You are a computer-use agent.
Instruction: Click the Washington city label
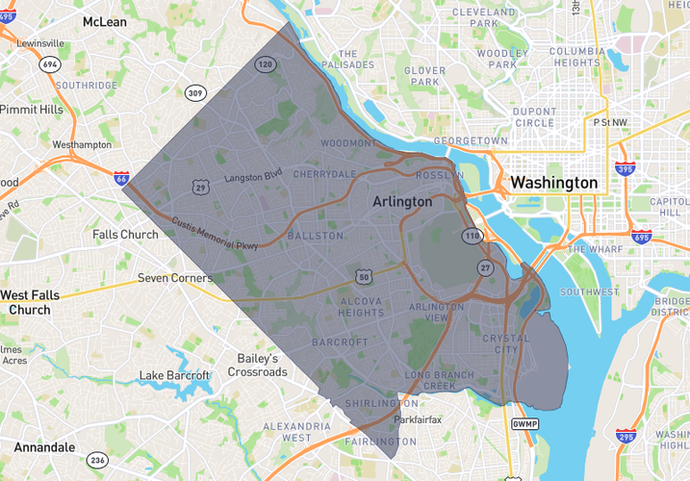(x=553, y=183)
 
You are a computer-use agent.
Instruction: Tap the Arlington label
(x=402, y=203)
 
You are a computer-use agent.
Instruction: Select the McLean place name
(x=105, y=21)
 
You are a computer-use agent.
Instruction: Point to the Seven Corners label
(x=174, y=278)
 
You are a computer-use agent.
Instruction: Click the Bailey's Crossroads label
(x=258, y=365)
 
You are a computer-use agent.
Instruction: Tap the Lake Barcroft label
(x=174, y=375)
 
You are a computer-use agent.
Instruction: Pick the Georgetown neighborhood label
(x=470, y=140)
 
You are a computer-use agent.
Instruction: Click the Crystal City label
(x=506, y=343)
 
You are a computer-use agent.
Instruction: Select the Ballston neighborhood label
(x=315, y=236)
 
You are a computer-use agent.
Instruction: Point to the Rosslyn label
(x=439, y=175)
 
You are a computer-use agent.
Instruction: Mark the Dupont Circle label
(x=534, y=117)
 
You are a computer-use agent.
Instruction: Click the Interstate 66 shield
(x=121, y=179)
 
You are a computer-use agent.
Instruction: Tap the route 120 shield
(x=265, y=64)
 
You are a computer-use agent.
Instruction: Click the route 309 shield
(x=196, y=93)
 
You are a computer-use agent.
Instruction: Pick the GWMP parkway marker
(x=524, y=423)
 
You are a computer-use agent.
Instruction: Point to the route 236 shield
(x=96, y=460)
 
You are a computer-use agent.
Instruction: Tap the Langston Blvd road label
(x=253, y=177)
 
